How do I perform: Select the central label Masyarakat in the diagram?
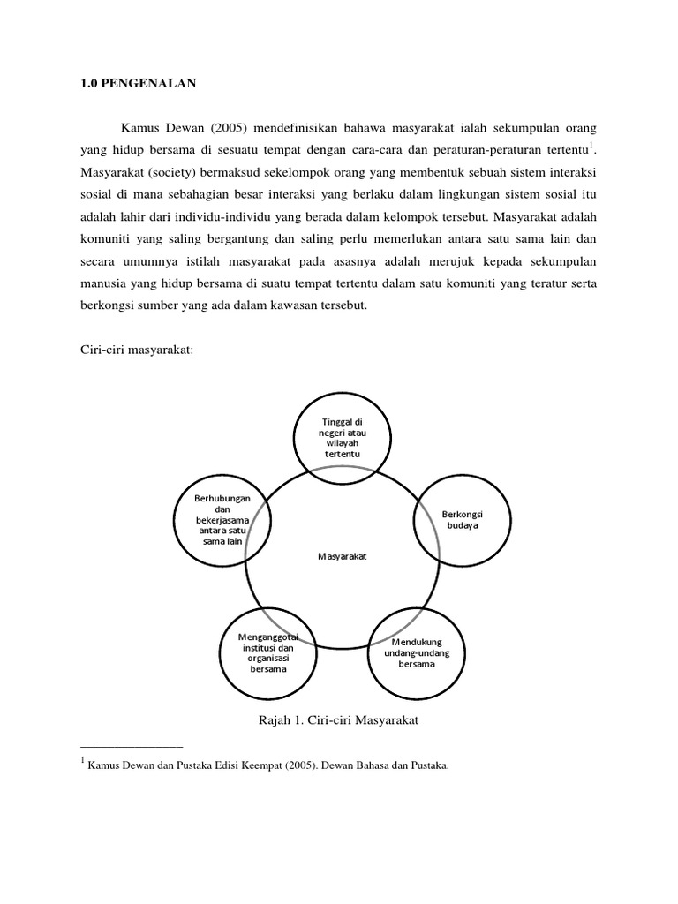click(342, 557)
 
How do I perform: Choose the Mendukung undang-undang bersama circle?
click(415, 653)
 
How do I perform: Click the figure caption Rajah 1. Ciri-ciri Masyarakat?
click(336, 721)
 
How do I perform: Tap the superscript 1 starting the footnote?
click(82, 761)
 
